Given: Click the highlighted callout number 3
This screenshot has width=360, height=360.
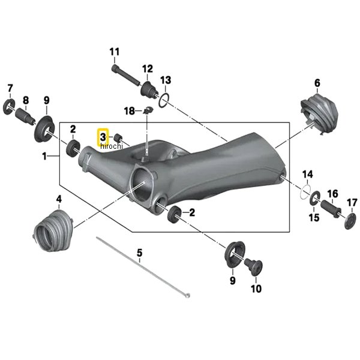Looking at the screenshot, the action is tap(103, 137).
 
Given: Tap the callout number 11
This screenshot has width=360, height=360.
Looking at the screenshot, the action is tap(115, 52).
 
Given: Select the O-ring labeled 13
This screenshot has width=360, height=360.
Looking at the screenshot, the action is tap(164, 100).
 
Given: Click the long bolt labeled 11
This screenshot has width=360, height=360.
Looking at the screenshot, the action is tap(126, 75).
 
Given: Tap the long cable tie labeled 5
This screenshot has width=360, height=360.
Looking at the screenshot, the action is tap(143, 267).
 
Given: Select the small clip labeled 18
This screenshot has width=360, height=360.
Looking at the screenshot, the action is tap(148, 110).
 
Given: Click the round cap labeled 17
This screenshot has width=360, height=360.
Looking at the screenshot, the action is tap(350, 221).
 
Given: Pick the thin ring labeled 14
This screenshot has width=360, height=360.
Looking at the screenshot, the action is tap(305, 191).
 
